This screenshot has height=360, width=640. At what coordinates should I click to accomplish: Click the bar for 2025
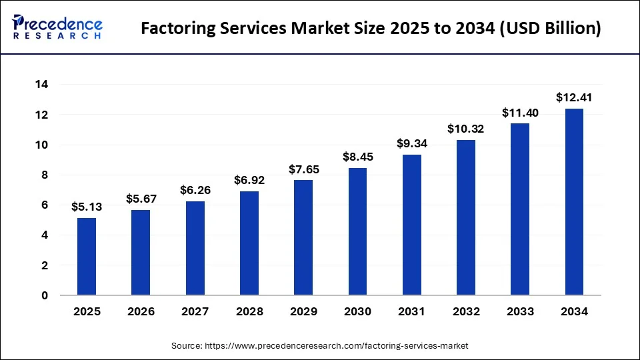pyautogui.click(x=87, y=257)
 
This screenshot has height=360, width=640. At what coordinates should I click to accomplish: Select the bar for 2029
pyautogui.click(x=303, y=237)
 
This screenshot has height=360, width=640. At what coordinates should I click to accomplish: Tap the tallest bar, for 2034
pyautogui.click(x=574, y=202)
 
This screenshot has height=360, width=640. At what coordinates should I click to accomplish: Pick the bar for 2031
pyautogui.click(x=412, y=225)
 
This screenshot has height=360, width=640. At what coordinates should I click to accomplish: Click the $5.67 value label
pyautogui.click(x=141, y=199)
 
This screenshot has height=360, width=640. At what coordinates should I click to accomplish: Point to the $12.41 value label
pyautogui.click(x=574, y=97)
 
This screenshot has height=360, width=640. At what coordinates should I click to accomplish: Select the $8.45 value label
pyautogui.click(x=357, y=157)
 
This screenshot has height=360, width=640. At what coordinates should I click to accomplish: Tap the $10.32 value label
pyautogui.click(x=466, y=129)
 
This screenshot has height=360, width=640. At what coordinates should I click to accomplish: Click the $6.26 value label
pyautogui.click(x=195, y=190)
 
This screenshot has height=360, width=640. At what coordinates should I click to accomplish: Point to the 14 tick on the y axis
pyautogui.click(x=42, y=85)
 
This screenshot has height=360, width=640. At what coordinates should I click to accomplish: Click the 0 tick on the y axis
pyautogui.click(x=45, y=295)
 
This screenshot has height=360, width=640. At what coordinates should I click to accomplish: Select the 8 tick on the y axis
pyautogui.click(x=45, y=175)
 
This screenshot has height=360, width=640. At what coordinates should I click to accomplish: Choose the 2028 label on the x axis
pyautogui.click(x=249, y=311)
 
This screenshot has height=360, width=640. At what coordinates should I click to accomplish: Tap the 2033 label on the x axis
pyautogui.click(x=520, y=311)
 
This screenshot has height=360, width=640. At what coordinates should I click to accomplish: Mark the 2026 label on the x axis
pyautogui.click(x=141, y=311)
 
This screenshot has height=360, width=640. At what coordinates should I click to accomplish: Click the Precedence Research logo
pyautogui.click(x=57, y=27)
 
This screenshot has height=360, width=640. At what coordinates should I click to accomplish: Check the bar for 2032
pyautogui.click(x=466, y=217)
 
